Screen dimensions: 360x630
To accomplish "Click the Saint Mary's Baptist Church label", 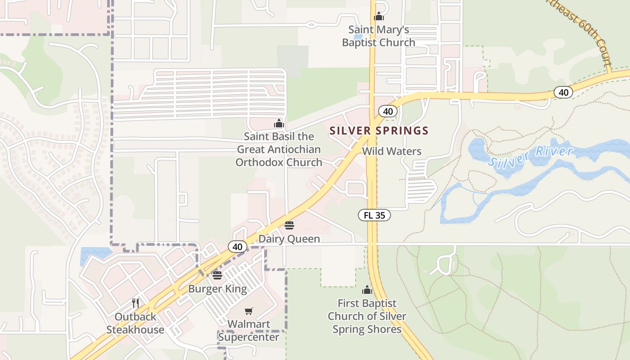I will coord(378,36).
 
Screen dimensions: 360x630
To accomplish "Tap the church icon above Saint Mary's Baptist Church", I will coord(379,17).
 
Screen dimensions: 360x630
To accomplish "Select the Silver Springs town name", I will coord(379,131).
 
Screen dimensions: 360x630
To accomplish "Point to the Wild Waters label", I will coord(391,151).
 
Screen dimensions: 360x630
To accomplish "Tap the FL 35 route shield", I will coord(374,215).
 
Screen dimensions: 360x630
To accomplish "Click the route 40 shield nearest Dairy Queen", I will coord(238,247).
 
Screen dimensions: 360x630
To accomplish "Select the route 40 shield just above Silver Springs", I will coord(387,111).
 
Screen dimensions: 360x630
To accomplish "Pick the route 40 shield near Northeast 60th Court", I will coord(563,93).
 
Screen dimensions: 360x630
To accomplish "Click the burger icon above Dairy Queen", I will coord(289,225).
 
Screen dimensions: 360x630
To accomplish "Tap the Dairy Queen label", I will coord(289,239).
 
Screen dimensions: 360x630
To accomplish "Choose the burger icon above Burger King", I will coord(217,275).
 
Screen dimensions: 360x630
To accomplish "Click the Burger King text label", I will coord(217,288).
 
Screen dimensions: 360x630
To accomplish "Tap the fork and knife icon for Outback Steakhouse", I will coord(135,303).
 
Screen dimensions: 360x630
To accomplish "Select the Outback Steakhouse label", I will coord(135,323).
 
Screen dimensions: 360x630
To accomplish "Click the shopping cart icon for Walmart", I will coord(248,311).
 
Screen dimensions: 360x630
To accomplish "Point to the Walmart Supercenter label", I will coord(248,330).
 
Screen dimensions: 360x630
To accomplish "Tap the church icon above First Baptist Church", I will coord(367,289).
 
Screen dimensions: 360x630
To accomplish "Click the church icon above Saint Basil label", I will coord(279,123).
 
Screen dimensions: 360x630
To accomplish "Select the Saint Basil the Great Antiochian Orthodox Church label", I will coord(279,149).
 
